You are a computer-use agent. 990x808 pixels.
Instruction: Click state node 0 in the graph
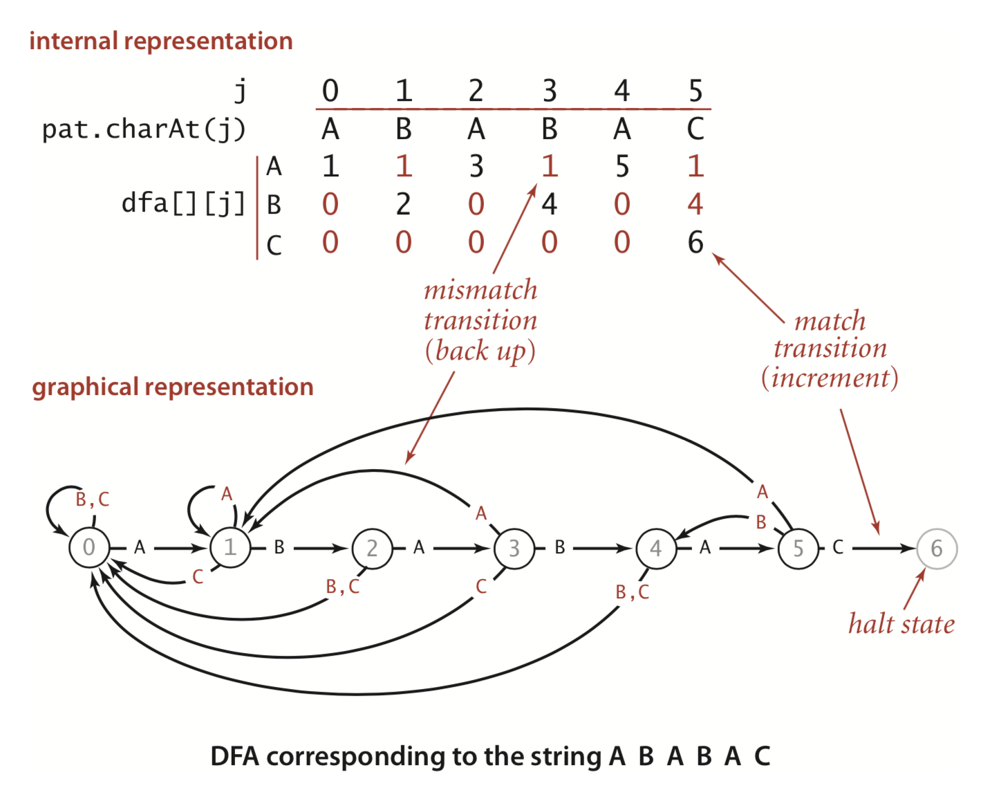coord(89,547)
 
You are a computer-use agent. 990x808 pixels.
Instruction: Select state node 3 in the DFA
coord(514,548)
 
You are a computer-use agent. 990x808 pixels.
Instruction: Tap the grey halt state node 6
coord(937,549)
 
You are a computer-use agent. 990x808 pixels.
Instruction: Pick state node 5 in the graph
coord(798,549)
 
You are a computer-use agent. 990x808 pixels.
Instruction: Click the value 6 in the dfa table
coord(695,242)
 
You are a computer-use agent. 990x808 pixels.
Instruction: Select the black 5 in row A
coord(622,166)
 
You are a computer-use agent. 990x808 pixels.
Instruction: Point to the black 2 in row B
coord(403,204)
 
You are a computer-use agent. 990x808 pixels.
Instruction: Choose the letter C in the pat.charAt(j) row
coord(695,129)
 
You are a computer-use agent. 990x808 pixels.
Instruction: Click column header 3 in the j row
coord(549,91)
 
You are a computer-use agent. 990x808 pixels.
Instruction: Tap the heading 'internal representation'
coord(161,41)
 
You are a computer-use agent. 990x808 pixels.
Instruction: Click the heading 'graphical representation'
coord(172,387)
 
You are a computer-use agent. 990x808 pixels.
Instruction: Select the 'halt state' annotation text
coord(901,624)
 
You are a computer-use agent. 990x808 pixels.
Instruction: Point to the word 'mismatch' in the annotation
coord(480,290)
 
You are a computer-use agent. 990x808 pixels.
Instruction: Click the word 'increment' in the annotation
coord(830,378)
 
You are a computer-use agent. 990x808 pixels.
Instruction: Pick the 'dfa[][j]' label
coord(183,203)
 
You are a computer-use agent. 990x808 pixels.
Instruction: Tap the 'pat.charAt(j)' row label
coord(144,129)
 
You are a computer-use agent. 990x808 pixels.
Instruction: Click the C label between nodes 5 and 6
coord(838,548)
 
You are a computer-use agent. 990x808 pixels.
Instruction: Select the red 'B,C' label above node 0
coord(92,499)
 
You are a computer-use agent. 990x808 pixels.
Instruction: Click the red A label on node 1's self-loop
coord(227,494)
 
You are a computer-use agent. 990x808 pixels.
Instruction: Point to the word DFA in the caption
coord(235,756)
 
